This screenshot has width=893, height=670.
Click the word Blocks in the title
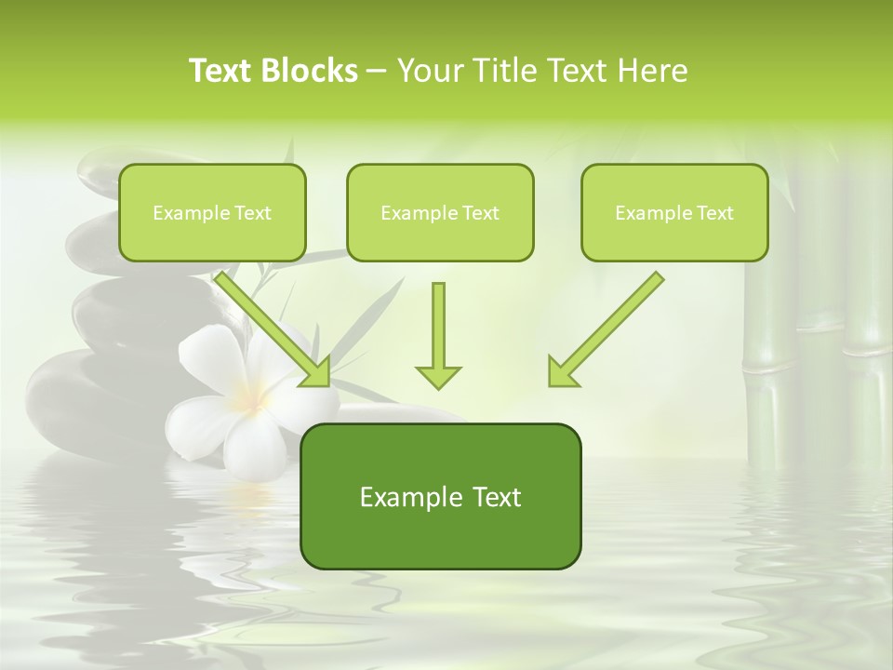312,71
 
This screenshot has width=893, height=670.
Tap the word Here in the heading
652,71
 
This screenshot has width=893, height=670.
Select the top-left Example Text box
212,212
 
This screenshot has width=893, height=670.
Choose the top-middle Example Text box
440,212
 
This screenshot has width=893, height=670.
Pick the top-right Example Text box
674,212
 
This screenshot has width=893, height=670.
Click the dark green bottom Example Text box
440,496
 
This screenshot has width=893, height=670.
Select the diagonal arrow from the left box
275,329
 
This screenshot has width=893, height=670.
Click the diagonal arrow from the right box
605,329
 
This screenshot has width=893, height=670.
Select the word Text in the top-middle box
480,213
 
